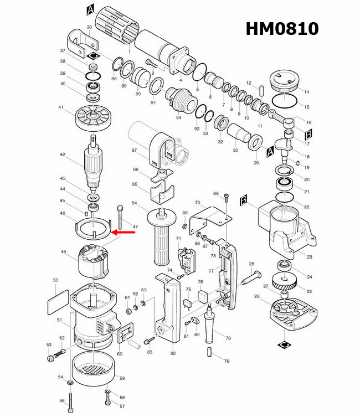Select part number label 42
click(63, 155)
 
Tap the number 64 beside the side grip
click(133, 203)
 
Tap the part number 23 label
click(310, 256)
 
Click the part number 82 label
click(173, 353)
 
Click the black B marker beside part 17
click(310, 133)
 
